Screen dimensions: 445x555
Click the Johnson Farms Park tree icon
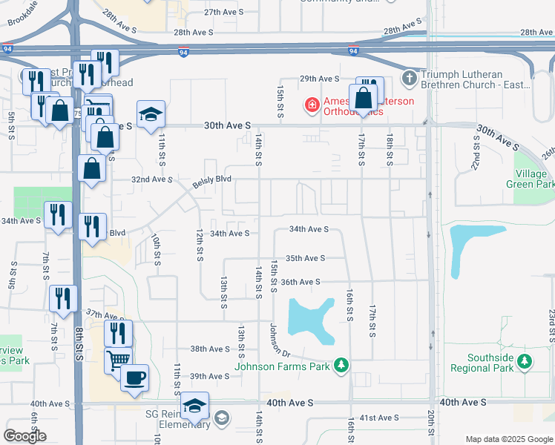(x=341, y=365)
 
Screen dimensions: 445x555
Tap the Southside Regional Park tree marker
(x=525, y=361)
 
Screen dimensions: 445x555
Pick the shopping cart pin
(x=118, y=360)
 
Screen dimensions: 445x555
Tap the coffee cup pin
(x=134, y=378)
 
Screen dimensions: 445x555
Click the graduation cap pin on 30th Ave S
(x=151, y=115)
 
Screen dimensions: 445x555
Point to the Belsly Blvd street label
(x=213, y=179)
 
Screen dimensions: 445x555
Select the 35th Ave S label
(x=306, y=258)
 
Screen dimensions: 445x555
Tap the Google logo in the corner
(x=25, y=435)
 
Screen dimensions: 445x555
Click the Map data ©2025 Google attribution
(x=508, y=439)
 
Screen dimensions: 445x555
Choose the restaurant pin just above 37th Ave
(x=63, y=298)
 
